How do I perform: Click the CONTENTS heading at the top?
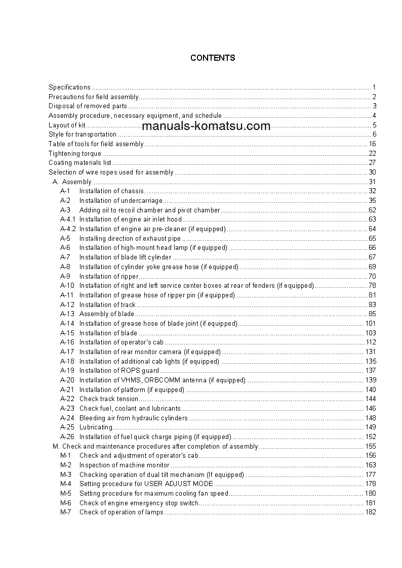pos(213,58)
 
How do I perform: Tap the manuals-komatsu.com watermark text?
pos(206,126)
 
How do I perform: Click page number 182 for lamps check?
pos(370,512)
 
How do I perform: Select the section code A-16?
pos(67,342)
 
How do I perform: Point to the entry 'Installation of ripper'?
pos(108,276)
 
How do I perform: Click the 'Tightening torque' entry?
pos(75,153)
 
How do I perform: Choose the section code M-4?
pos(66,484)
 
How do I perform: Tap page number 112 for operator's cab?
pos(371,342)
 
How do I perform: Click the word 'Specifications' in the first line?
pos(69,87)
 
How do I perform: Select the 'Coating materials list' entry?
pos(79,163)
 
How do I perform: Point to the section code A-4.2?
pos(68,229)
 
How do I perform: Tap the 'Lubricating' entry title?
pos(96,427)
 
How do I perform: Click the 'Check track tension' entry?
pos(108,399)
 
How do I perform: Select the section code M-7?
pos(66,512)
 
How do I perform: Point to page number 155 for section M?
pos(370,447)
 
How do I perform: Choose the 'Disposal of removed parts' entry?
pos(88,106)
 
